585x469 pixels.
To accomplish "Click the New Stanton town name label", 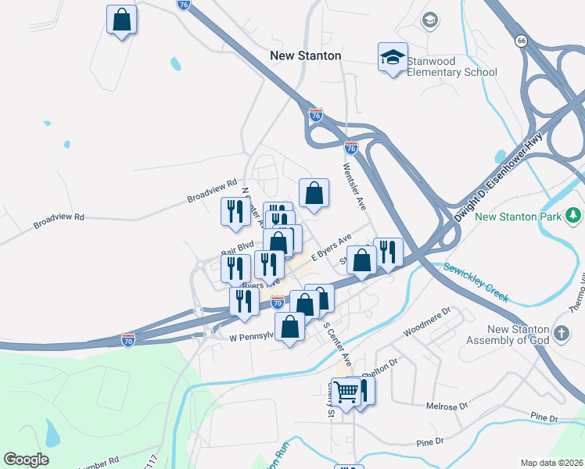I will tap(306, 56).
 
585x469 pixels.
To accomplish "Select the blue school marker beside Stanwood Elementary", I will tap(393, 58).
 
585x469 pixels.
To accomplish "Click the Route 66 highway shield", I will tap(520, 39).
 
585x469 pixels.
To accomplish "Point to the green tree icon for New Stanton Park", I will tap(573, 215).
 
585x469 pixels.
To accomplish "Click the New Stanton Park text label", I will tap(518, 217).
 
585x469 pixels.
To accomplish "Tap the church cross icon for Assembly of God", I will tap(561, 335).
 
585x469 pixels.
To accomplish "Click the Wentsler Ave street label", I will tap(353, 185).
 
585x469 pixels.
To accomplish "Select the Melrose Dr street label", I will tap(447, 406).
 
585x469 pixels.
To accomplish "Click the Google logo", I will tap(26, 460).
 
